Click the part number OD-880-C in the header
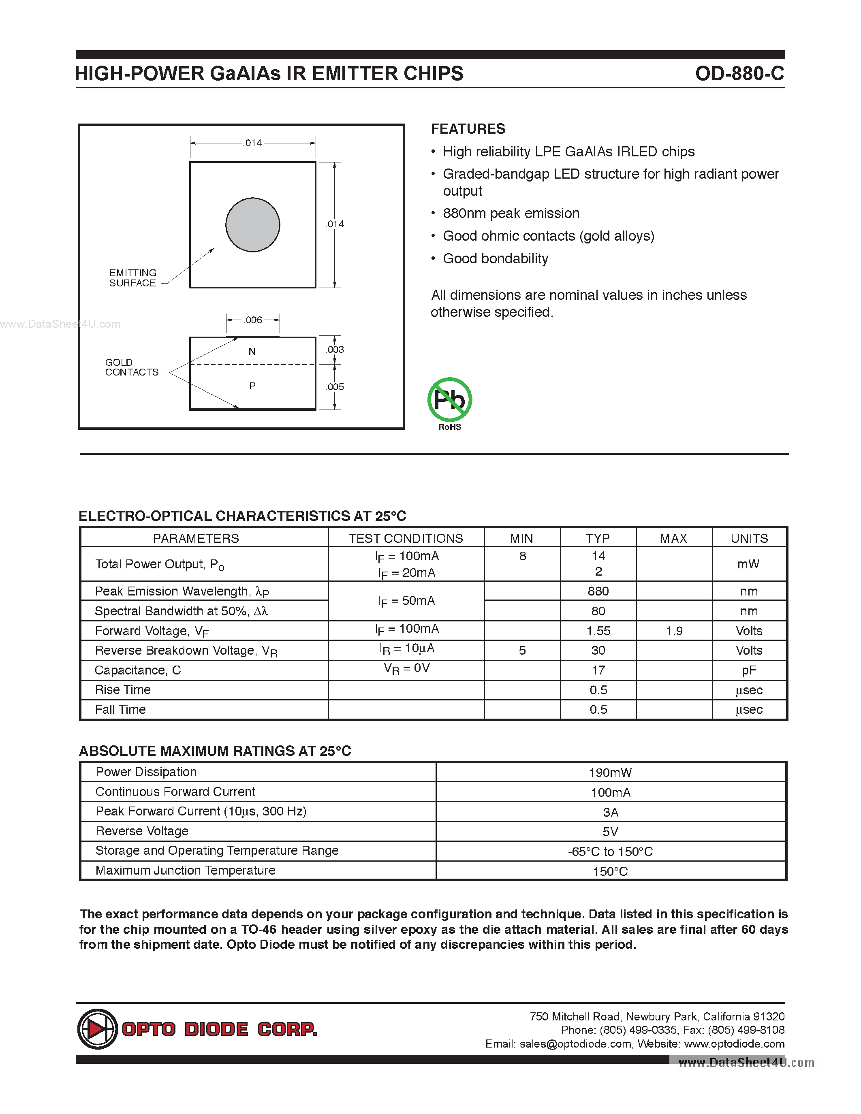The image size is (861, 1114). point(739,73)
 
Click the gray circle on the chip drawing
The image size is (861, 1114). point(252,224)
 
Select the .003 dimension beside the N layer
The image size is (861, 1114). point(335,350)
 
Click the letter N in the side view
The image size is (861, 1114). point(252,352)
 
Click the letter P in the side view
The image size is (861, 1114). point(252,386)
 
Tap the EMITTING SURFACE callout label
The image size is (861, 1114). point(132,278)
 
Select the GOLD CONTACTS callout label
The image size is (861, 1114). point(132,367)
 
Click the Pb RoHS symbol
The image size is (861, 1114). point(449,400)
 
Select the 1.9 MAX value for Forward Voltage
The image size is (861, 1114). point(674,631)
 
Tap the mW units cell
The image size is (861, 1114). point(748,564)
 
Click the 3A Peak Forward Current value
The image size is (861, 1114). point(610,812)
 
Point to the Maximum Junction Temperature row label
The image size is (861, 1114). point(185,870)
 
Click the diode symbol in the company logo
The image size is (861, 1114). point(97,1029)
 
